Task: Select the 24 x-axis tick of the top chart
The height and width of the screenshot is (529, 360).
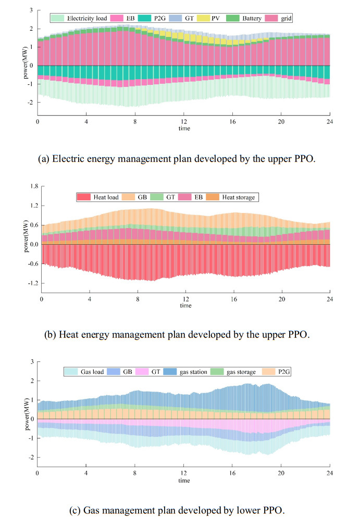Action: [330, 122]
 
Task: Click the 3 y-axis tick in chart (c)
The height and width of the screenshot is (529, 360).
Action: [32, 361]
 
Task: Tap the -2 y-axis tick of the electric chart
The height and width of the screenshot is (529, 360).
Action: [31, 103]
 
